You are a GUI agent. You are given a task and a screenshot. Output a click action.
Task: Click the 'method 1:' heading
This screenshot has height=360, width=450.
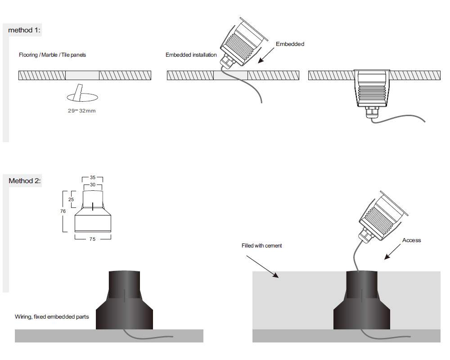(x=24, y=30)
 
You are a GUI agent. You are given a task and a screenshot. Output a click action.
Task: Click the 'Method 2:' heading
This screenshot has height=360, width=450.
(x=25, y=181)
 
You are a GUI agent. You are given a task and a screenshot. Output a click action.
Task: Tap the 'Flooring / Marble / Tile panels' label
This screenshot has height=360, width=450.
(x=52, y=55)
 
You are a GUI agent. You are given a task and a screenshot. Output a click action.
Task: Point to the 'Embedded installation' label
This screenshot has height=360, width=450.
(x=191, y=55)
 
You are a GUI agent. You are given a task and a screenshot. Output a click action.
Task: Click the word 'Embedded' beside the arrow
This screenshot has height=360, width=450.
(x=290, y=44)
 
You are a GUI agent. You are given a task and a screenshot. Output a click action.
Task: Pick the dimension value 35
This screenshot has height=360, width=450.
(x=93, y=178)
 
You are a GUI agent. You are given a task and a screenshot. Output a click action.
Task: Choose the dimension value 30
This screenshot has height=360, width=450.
(x=93, y=184)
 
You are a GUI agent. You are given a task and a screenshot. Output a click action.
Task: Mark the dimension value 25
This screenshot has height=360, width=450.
(x=71, y=199)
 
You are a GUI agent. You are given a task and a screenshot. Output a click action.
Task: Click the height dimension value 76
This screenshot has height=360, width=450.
(x=63, y=211)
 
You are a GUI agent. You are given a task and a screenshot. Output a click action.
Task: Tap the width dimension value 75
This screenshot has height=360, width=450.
(x=92, y=239)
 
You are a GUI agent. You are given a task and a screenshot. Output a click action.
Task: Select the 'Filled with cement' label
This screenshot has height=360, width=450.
(x=261, y=246)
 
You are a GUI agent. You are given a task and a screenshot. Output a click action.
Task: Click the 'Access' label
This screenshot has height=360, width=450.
(x=411, y=240)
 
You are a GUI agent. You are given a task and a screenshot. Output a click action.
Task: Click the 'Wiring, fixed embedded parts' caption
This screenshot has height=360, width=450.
(x=52, y=317)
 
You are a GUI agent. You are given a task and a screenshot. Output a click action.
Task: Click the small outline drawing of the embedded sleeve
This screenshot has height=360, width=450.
(x=92, y=211)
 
